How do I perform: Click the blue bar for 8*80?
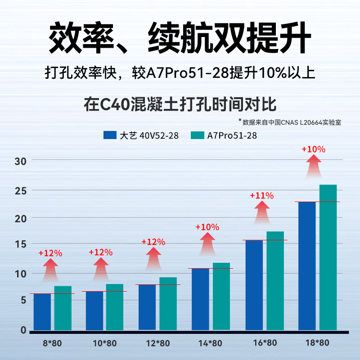(42, 312)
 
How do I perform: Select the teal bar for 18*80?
(328, 257)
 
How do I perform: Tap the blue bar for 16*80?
(254, 285)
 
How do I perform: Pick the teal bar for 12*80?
(168, 304)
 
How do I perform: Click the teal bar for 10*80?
(114, 307)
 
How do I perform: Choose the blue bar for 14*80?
(200, 299)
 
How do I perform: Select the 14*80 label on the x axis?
(210, 343)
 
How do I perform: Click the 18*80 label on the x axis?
(317, 343)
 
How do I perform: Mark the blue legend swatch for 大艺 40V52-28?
(110, 135)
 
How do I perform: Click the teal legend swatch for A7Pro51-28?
(198, 135)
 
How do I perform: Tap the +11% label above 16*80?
(262, 196)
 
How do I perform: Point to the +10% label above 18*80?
(313, 149)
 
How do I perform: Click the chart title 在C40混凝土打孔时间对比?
(180, 104)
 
